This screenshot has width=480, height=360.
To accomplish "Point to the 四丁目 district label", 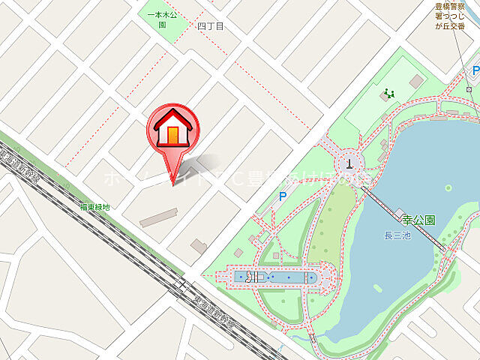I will (x=211, y=26).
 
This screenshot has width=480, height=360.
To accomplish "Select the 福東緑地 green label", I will (x=94, y=206).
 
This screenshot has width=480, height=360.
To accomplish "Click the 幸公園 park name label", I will (x=418, y=220).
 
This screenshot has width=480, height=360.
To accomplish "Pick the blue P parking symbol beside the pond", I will (x=283, y=196).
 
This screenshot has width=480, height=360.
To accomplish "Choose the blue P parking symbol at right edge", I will (x=475, y=70).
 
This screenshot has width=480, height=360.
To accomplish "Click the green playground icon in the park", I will (x=388, y=94).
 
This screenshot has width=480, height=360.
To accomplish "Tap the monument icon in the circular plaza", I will (x=349, y=160).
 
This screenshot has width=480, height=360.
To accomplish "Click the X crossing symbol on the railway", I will (x=182, y=285).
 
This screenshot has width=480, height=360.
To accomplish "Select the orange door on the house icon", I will (x=173, y=135).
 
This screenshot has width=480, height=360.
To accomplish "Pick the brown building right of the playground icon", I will (x=417, y=80).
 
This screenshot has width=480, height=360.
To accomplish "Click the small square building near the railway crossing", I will (x=199, y=245).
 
